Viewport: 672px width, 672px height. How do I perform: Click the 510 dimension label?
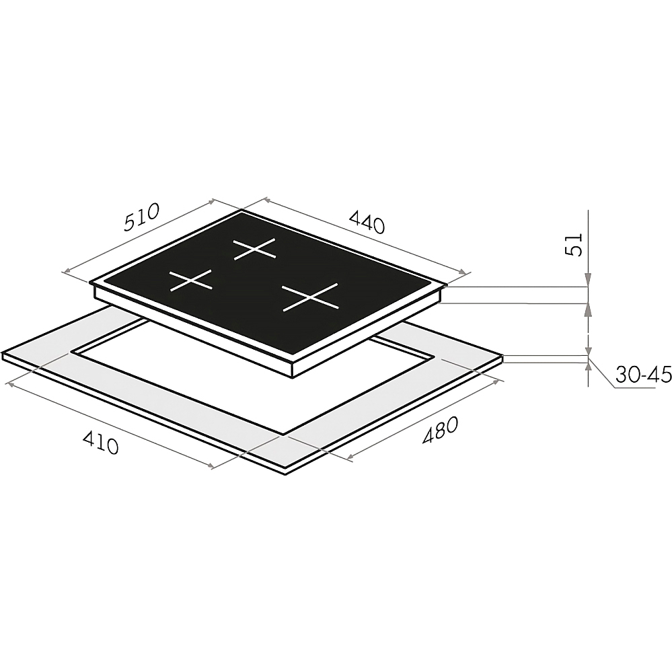[142, 217]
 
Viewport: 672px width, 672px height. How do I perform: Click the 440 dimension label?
[367, 221]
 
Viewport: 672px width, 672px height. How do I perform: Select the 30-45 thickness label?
[643, 375]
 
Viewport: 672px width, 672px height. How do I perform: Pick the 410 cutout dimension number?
[100, 443]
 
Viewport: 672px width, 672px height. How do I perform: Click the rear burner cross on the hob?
[254, 249]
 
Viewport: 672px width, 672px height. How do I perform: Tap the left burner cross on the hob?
[191, 281]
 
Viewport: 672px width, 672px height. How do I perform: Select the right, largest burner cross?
[310, 297]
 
